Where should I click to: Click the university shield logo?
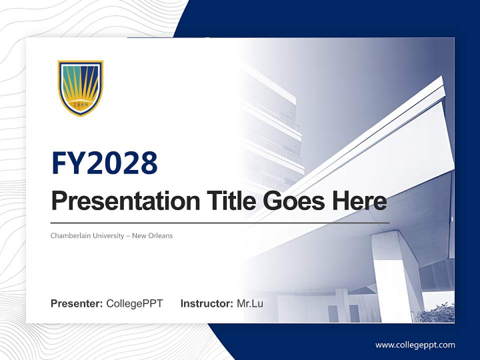point(80,88)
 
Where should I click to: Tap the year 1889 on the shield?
point(81,105)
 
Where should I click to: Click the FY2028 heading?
point(104,162)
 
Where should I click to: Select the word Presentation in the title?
point(125,201)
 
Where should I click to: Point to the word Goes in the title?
point(293,201)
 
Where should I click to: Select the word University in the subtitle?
point(108,236)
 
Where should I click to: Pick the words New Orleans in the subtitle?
point(152,235)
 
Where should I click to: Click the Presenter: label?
point(76,303)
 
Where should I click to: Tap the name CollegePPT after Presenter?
point(134,303)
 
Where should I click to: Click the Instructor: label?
point(207,303)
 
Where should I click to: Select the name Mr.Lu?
point(250,303)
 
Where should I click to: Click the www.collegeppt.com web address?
point(415,345)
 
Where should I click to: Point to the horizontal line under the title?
point(220,223)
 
